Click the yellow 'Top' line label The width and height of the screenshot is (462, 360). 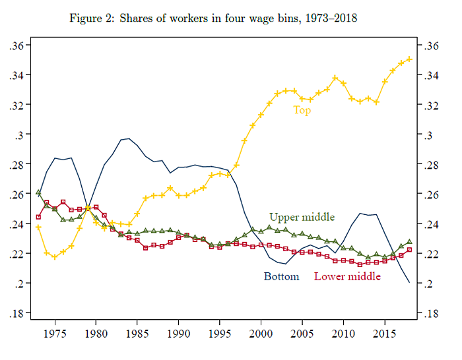pyautogui.click(x=302, y=110)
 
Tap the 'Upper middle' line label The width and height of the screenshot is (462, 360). pyautogui.click(x=302, y=217)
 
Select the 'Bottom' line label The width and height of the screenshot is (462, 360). pyautogui.click(x=282, y=276)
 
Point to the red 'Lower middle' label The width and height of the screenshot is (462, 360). pyautogui.click(x=347, y=276)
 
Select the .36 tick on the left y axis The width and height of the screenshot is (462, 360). pyautogui.click(x=16, y=45)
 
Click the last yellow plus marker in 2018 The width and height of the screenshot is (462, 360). pyautogui.click(x=409, y=59)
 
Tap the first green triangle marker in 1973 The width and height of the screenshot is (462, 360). pyautogui.click(x=38, y=192)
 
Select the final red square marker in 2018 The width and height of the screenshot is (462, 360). pyautogui.click(x=409, y=250)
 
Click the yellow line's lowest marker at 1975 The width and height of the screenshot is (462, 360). pyautogui.click(x=55, y=256)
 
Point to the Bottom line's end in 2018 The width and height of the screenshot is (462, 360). pyautogui.click(x=409, y=282)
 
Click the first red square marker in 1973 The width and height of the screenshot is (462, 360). pyautogui.click(x=38, y=217)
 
